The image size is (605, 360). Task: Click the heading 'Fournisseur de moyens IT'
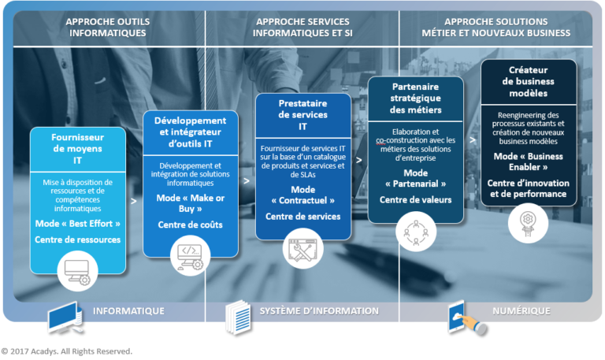pyautogui.click(x=77, y=148)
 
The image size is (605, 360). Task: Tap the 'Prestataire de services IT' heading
pyautogui.click(x=302, y=115)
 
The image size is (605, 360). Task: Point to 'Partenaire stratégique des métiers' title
pyautogui.click(x=415, y=98)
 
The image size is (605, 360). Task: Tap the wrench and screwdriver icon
pyautogui.click(x=303, y=247)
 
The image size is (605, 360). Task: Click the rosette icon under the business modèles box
pyautogui.click(x=529, y=221)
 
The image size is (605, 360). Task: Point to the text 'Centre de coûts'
pyautogui.click(x=190, y=225)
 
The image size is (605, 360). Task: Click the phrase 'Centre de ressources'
pyautogui.click(x=77, y=239)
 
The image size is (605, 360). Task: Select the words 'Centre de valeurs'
pyautogui.click(x=415, y=199)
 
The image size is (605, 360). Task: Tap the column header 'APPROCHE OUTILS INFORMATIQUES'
pyautogui.click(x=108, y=27)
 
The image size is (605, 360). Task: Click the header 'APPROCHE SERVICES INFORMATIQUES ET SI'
pyautogui.click(x=302, y=27)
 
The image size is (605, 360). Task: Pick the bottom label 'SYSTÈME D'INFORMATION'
pyautogui.click(x=319, y=310)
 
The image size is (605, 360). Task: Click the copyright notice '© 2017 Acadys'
pyautogui.click(x=66, y=351)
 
